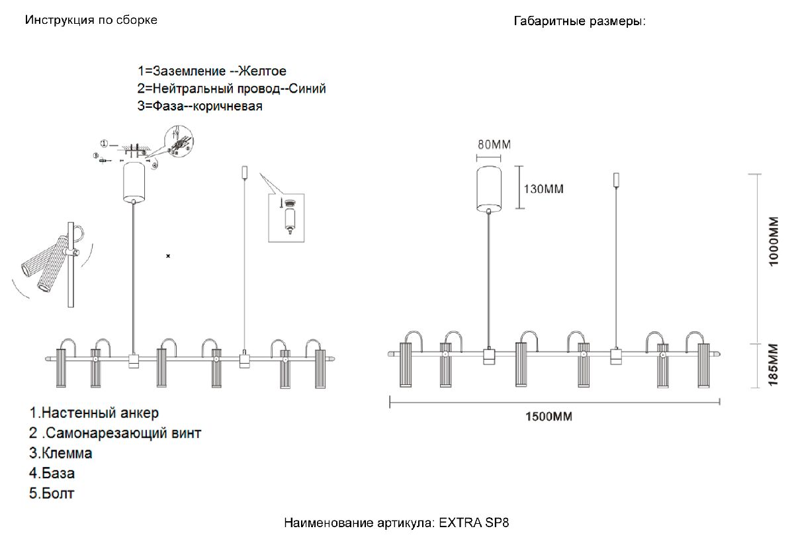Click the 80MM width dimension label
494,145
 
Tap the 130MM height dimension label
543,189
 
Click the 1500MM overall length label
549,417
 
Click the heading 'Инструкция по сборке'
91,20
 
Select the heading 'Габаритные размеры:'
579,21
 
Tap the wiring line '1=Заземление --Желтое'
212,71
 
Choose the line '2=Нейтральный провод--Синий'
232,88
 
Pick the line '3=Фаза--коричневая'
200,106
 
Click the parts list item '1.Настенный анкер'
94,413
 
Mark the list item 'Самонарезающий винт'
115,433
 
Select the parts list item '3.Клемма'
60,454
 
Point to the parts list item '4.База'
52,474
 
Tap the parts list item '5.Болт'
52,493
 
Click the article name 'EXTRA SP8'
474,523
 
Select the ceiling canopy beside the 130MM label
490,189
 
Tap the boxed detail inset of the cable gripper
286,218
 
